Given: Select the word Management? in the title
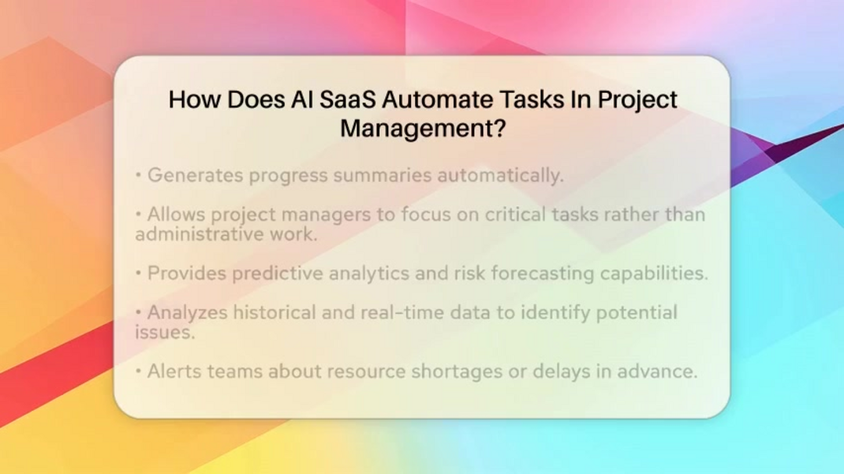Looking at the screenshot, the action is (x=423, y=129).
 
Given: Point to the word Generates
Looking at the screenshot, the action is (x=195, y=175).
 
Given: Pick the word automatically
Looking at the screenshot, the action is (x=500, y=176).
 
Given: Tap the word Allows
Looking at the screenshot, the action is (x=177, y=214).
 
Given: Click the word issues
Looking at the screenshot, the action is (x=165, y=333).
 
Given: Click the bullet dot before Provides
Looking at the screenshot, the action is (x=138, y=273).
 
